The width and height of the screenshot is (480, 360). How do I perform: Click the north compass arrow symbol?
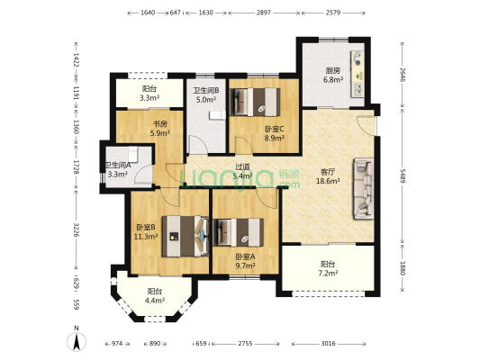point(77,341)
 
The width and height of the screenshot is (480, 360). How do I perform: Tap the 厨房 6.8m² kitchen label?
point(332,76)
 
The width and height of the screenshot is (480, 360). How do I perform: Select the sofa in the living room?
point(364,188)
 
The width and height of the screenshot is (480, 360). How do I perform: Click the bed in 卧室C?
point(255,103)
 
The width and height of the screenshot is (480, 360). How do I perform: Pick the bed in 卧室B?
point(186,236)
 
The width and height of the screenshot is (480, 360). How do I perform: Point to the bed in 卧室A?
point(239,232)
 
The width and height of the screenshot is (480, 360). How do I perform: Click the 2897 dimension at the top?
point(264,13)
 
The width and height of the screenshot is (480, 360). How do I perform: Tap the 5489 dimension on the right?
point(403,175)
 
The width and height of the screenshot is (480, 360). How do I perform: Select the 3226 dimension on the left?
point(77,229)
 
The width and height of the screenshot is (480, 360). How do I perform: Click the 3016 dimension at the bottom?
point(328,344)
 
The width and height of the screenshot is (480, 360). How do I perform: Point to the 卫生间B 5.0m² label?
point(206,94)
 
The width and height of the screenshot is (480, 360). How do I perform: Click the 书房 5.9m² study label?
point(160,129)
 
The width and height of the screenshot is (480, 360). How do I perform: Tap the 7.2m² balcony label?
point(328,268)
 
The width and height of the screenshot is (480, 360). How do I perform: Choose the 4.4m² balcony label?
point(155,296)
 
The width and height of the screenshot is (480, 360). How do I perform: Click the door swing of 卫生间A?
point(143,175)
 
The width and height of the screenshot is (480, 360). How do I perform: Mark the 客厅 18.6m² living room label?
point(328,176)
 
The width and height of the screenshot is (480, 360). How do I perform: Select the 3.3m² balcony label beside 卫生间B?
point(149,94)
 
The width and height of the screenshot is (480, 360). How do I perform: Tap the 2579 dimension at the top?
point(333,13)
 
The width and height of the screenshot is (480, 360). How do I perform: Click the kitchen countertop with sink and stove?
point(358,75)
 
